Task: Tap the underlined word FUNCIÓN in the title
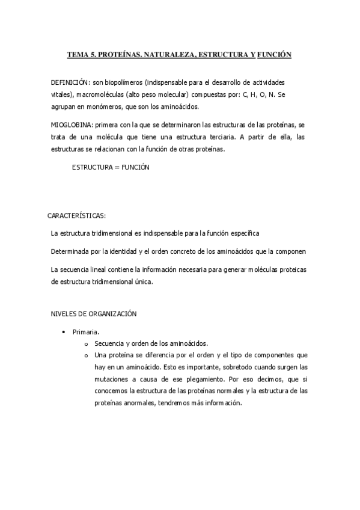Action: [x=274, y=55]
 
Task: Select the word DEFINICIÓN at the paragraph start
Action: [x=70, y=82]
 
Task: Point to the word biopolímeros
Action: [x=123, y=82]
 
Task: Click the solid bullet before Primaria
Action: [x=63, y=331]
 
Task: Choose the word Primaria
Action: [x=85, y=331]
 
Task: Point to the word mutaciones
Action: [x=112, y=379]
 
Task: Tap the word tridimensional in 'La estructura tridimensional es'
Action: [x=116, y=233]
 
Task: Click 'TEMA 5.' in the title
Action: [x=81, y=55]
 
